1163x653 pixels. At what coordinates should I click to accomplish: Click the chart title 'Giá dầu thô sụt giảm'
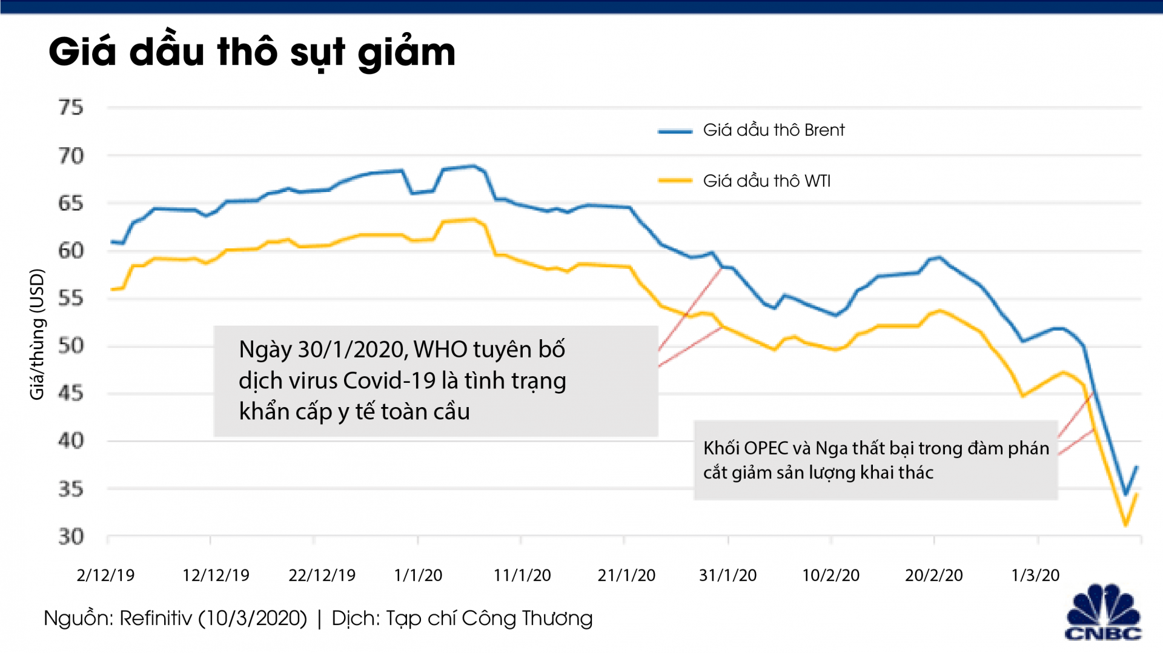click(x=251, y=52)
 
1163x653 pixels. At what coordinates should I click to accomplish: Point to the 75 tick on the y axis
click(x=71, y=108)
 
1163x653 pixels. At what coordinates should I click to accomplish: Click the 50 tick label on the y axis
click(x=71, y=346)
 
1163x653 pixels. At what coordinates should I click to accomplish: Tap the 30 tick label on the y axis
click(x=71, y=537)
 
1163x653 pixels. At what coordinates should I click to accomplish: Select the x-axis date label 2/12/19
click(x=105, y=575)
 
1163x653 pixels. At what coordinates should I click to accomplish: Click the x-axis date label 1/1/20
click(x=418, y=575)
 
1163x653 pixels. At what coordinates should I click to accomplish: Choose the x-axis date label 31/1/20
click(x=727, y=575)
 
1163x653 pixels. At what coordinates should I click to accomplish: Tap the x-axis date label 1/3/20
click(x=1035, y=575)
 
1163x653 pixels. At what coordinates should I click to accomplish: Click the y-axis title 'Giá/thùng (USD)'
click(x=38, y=334)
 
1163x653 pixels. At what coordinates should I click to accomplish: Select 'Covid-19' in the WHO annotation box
click(x=389, y=381)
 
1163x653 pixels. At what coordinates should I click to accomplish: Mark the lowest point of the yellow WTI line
click(x=1125, y=525)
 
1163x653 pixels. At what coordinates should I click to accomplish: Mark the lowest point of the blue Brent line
click(x=1126, y=494)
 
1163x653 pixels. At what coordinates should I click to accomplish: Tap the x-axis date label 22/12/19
click(x=322, y=575)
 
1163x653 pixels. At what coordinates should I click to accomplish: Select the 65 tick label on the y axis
click(x=71, y=204)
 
